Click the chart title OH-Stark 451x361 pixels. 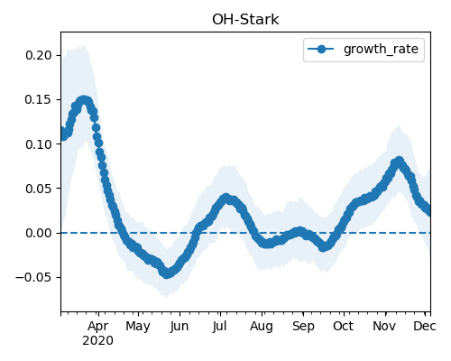point(245,20)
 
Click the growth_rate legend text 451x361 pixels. point(381,49)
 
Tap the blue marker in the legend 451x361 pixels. point(321,49)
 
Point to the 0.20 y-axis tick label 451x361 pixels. point(38,55)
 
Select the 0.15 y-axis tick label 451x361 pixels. point(38,99)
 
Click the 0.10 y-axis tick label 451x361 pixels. point(38,144)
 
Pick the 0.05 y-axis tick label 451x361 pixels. point(38,189)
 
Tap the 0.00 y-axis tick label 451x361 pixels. point(38,233)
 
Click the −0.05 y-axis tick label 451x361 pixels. point(33,277)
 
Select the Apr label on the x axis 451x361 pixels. point(98,327)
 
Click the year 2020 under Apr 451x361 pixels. point(98,341)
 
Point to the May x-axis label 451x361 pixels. point(138,327)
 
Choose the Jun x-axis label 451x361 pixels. point(179,326)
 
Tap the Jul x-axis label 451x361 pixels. point(219,326)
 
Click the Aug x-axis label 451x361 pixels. point(262,327)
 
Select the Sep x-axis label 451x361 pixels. point(303,327)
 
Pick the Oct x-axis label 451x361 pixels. point(343,326)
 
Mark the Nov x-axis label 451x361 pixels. point(384,326)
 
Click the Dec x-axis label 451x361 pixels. point(425,326)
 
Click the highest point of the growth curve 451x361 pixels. point(84,100)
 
